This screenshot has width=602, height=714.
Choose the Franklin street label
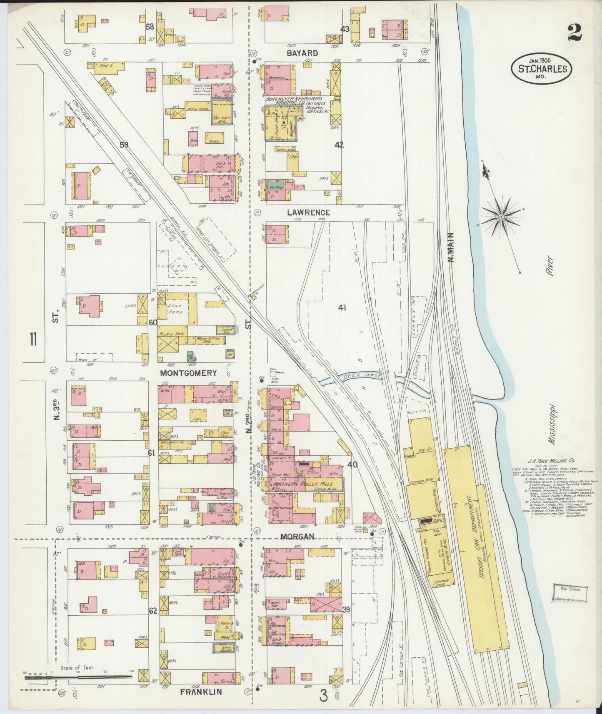pos(201,692)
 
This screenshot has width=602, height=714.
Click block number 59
pos(124,145)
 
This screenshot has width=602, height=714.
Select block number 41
pos(342,307)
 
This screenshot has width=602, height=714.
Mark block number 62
pos(153,611)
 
